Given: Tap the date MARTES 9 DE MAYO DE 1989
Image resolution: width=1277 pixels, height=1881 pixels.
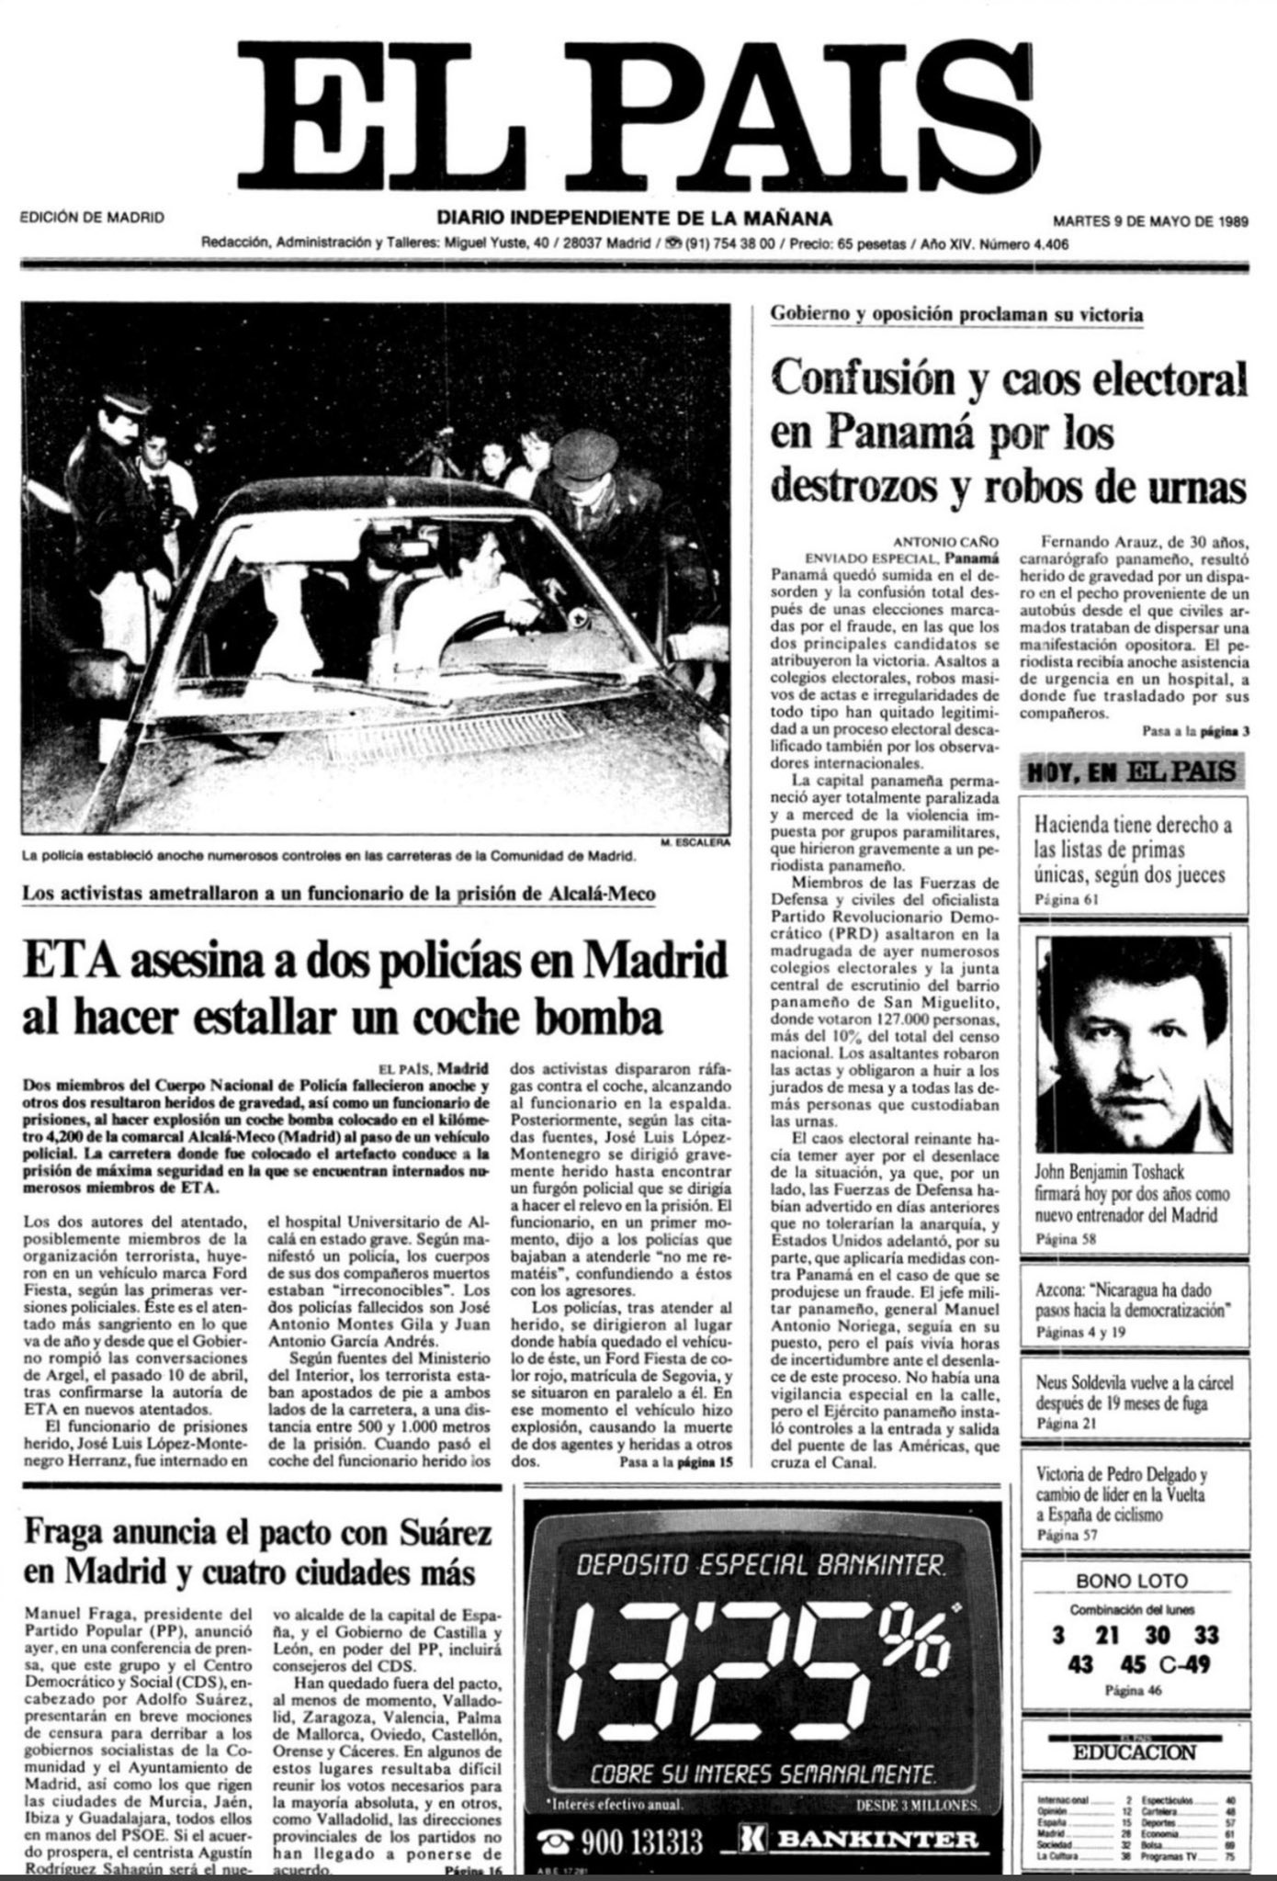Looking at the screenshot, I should [1150, 220].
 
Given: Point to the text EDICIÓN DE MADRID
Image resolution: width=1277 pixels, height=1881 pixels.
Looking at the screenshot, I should [92, 219].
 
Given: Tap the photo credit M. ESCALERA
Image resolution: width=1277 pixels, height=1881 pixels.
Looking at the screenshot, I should [692, 841].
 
